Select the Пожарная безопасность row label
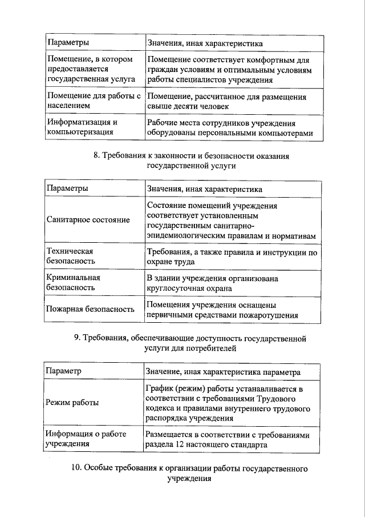90,309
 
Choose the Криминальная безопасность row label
73,283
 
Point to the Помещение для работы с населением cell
94,101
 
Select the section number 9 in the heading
77,338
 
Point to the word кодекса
163,410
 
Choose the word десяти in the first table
183,106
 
